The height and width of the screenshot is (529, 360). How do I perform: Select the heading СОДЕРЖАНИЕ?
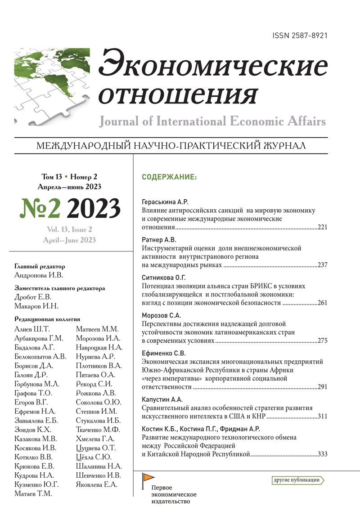tap(169, 177)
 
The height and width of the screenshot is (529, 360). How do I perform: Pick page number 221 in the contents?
tap(323, 227)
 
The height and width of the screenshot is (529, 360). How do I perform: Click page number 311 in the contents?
tap(323, 416)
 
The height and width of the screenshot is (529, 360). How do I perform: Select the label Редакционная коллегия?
tap(42, 318)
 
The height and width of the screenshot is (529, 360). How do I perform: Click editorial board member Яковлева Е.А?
tap(96, 484)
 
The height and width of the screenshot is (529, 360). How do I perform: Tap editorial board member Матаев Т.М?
tap(34, 493)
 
